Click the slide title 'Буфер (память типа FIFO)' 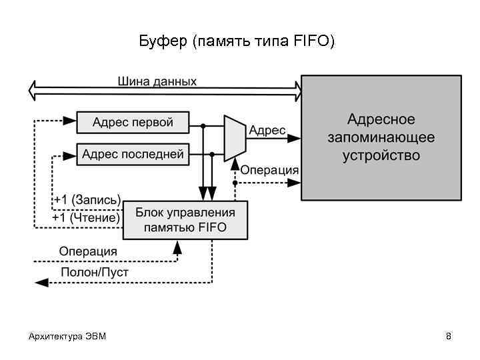pyautogui.click(x=237, y=42)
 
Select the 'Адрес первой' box pyautogui.click(x=133, y=122)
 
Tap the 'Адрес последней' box pyautogui.click(x=133, y=155)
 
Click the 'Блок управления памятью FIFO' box pyautogui.click(x=185, y=220)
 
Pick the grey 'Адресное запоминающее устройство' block pyautogui.click(x=381, y=137)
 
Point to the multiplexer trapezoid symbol pyautogui.click(x=233, y=138)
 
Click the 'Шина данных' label pyautogui.click(x=157, y=81)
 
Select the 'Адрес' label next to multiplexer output pyautogui.click(x=267, y=131)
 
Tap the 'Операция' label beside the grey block pyautogui.click(x=269, y=170)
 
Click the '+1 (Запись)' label pyautogui.click(x=87, y=200)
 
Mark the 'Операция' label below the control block pyautogui.click(x=88, y=251)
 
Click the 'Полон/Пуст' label pyautogui.click(x=95, y=272)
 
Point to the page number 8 pyautogui.click(x=449, y=336)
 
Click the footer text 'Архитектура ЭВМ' pyautogui.click(x=67, y=336)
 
